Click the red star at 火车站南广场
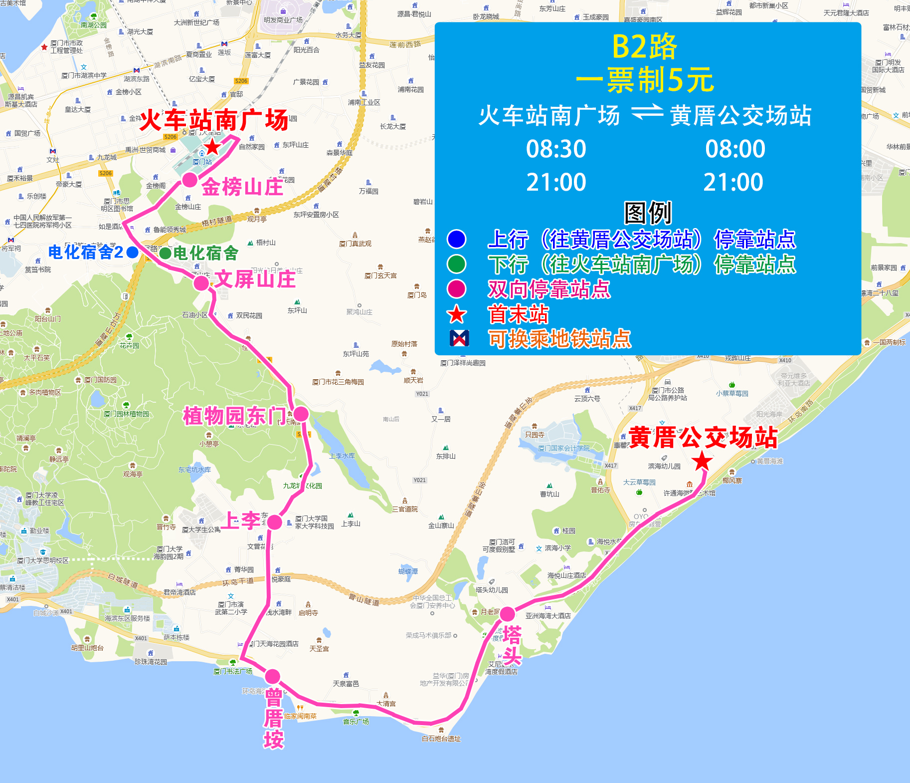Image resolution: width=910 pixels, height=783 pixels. pos(212,147)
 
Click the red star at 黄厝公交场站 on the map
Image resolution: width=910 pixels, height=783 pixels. pos(702,461)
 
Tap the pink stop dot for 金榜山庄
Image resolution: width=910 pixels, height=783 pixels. pos(189,180)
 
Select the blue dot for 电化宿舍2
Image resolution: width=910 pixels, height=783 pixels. pos(132,253)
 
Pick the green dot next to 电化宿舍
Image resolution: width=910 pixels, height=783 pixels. pos(165,253)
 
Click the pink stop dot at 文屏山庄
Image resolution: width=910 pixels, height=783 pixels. pos(201,283)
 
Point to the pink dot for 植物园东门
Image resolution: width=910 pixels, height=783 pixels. pos(301,414)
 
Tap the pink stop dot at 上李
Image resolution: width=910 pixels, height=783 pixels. pos(275,522)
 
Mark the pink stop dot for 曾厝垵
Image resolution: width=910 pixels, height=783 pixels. pos(272,677)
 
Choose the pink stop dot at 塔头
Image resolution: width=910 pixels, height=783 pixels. pos(508,614)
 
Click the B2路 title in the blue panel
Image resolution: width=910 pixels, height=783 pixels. pos(644,47)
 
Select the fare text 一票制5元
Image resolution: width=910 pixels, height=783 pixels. pos(645,80)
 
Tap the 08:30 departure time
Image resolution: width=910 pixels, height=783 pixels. pos(556,149)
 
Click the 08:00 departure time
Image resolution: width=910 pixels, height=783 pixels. pos(735,149)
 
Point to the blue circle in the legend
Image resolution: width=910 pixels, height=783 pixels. pos(456,239)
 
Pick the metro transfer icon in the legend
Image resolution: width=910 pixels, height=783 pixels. pos(459,338)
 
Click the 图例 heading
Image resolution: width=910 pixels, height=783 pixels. pos(648,213)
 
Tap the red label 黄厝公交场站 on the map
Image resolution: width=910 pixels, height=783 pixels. pos(703,437)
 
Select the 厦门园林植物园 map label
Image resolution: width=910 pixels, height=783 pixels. pos(126,414)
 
